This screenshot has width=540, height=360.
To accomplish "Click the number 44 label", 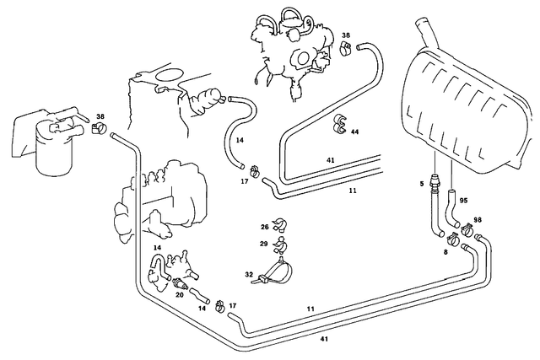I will point(355,132).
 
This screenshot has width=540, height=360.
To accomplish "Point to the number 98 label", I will point(478,221).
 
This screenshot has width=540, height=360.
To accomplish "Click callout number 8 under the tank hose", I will point(445,251).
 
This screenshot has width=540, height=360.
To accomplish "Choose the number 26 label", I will point(264,227).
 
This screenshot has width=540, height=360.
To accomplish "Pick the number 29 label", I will point(264,244).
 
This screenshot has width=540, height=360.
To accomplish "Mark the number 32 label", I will point(248,275).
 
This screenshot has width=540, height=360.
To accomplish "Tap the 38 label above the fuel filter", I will point(100,117).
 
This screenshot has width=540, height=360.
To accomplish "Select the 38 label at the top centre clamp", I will point(346,35).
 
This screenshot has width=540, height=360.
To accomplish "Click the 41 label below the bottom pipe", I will point(324,339).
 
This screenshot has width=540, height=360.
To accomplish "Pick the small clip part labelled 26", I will point(280,225).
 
